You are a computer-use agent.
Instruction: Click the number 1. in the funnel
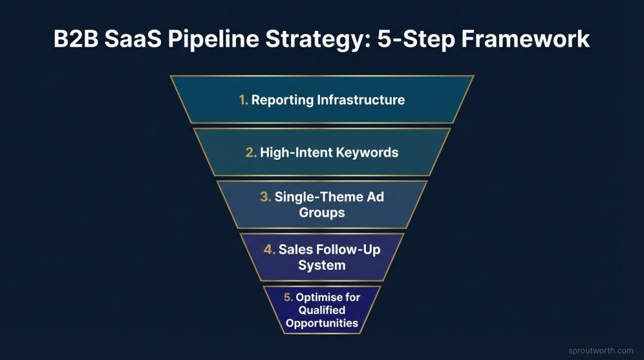(243, 100)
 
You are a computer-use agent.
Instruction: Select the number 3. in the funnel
(265, 197)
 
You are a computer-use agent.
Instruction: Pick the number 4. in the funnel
(270, 250)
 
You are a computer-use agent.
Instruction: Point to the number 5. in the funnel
(288, 296)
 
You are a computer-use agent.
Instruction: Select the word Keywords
(367, 152)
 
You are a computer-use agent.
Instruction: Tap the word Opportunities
(322, 323)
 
